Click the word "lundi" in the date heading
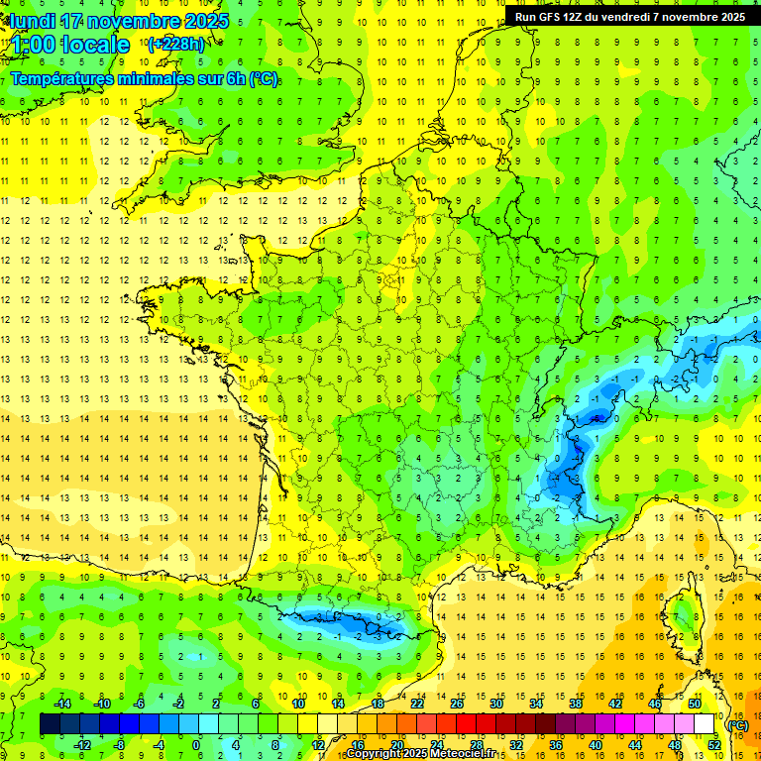(x=33, y=21)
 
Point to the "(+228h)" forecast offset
(x=176, y=44)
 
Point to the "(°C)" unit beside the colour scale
(x=738, y=725)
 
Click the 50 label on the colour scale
(x=695, y=704)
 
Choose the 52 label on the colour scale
(x=714, y=745)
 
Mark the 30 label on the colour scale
(x=496, y=704)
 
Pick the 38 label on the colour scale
(x=576, y=704)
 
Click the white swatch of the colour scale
(x=705, y=724)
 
